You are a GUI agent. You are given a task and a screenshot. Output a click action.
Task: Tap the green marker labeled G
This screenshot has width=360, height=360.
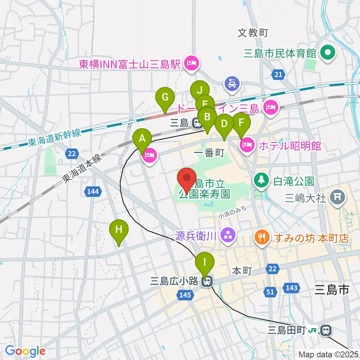[x=165, y=97]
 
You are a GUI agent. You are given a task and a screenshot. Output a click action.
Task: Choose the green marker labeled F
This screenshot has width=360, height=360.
[x=241, y=123]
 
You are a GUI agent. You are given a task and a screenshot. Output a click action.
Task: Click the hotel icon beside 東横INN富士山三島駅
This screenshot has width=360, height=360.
[x=192, y=63]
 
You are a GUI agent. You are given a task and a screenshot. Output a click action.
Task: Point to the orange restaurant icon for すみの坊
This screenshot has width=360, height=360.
[x=261, y=236]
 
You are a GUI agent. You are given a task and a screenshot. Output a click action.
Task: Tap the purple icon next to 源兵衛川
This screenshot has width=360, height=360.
[x=227, y=236]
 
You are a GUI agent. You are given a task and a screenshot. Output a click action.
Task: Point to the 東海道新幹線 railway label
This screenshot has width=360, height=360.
[x=54, y=138]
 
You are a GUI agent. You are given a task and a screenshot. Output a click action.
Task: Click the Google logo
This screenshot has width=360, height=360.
[x=25, y=351]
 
